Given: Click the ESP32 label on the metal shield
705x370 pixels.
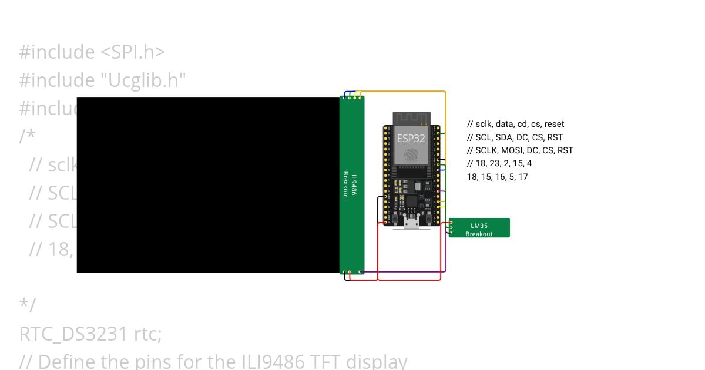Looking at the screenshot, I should pos(411,139).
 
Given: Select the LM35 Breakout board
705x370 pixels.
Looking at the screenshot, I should pos(479,228).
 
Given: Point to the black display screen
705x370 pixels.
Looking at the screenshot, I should pos(208,184).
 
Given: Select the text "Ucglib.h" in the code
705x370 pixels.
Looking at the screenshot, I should pos(145,80).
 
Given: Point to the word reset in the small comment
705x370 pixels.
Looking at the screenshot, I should pos(554,124).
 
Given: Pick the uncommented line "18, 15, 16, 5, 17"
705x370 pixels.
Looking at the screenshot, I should pos(497,176).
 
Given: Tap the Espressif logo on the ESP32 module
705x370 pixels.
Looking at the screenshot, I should pos(411,154).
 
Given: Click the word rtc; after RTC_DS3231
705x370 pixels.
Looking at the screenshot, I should pos(147,334).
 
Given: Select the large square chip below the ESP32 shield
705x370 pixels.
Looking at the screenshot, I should pos(411,201).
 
